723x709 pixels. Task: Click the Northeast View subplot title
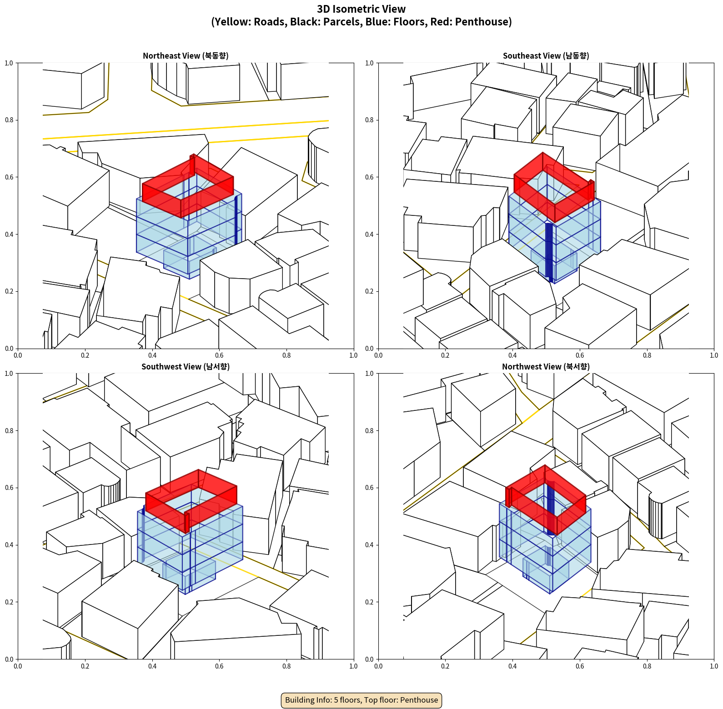[x=186, y=55]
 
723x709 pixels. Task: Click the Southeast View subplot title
[x=546, y=55]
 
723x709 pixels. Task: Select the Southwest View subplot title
[x=186, y=366]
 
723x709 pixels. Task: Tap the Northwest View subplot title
[x=546, y=366]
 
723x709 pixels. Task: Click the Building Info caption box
[x=361, y=700]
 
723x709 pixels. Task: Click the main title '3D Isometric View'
[x=361, y=9]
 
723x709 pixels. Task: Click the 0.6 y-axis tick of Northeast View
[x=9, y=177]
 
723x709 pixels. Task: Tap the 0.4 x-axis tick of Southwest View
[x=152, y=666]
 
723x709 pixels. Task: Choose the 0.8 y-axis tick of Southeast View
[x=369, y=120]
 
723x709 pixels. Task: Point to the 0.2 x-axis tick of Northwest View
[x=445, y=666]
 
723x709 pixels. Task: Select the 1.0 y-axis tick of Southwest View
[x=9, y=374]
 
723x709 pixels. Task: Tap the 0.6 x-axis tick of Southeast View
[x=580, y=355]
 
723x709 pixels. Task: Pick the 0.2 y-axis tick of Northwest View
[x=369, y=602]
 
